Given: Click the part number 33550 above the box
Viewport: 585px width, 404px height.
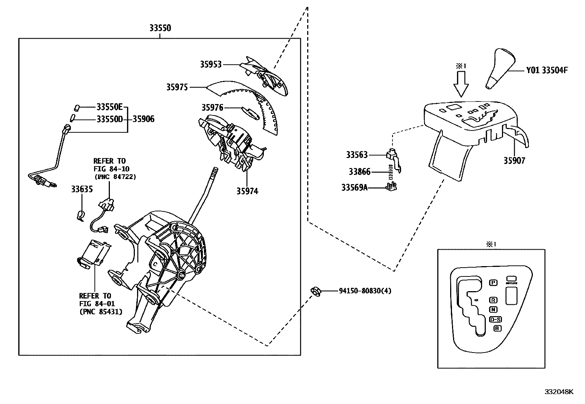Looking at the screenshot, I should click(160, 28).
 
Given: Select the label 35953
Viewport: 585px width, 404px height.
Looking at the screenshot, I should click(211, 64).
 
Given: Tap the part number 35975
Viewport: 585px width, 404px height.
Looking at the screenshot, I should click(177, 87).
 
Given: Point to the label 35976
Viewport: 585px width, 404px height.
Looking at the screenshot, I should click(212, 107).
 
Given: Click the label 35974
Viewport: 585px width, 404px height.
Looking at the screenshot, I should click(247, 191).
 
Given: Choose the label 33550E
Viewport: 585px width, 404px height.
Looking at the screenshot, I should click(109, 107).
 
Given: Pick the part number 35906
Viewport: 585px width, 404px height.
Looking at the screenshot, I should click(143, 119).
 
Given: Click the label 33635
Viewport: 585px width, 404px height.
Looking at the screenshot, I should click(82, 189).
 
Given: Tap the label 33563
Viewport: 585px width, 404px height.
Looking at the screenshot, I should click(356, 155).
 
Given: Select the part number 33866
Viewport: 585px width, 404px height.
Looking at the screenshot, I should click(359, 171).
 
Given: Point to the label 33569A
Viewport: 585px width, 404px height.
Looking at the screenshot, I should click(354, 187).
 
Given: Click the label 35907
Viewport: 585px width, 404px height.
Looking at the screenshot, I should click(514, 160).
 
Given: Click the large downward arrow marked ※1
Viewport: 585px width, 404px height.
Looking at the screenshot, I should click(461, 84).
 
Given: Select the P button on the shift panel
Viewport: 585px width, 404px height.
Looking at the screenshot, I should click(494, 282).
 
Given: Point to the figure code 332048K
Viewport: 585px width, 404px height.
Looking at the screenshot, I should click(559, 392).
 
